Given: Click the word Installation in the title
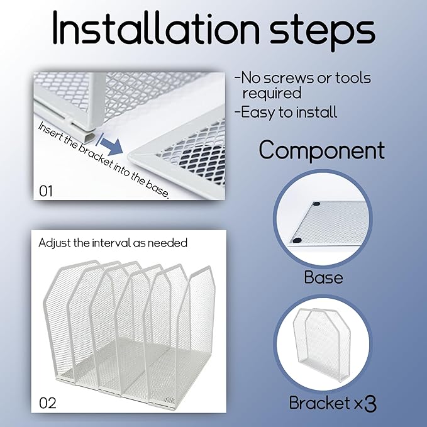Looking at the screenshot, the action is tap(156, 28).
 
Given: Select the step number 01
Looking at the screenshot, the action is tap(46, 191).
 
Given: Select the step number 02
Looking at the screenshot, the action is tap(47, 403).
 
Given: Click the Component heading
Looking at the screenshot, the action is tap(322, 150).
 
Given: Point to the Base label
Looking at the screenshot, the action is tap(323, 277).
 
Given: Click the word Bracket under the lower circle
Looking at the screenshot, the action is tap(319, 402).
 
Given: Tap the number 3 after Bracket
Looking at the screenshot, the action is tap(370, 404).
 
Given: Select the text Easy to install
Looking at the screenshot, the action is tap(289, 113).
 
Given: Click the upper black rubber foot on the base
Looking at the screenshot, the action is tap(316, 204).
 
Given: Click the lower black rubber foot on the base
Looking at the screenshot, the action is tap(297, 240).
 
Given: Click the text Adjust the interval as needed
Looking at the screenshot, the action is tap(113, 243).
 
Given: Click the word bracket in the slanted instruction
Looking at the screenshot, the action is tap(96, 155).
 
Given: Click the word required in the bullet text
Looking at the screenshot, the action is tap(272, 94).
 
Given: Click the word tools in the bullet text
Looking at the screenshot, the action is tap(353, 77).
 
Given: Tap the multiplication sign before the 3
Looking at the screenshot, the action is tap(358, 404).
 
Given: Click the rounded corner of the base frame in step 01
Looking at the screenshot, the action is tap(130, 157).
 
